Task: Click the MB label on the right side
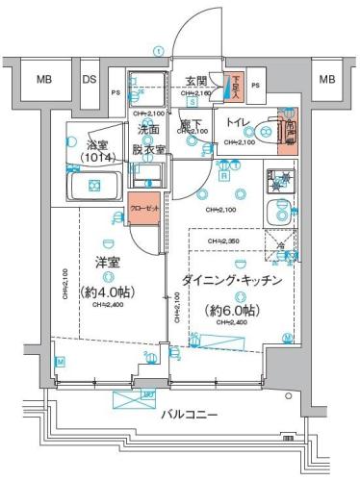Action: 326,80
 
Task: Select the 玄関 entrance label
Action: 197,81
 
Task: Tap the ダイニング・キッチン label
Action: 232,280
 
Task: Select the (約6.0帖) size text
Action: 232,310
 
